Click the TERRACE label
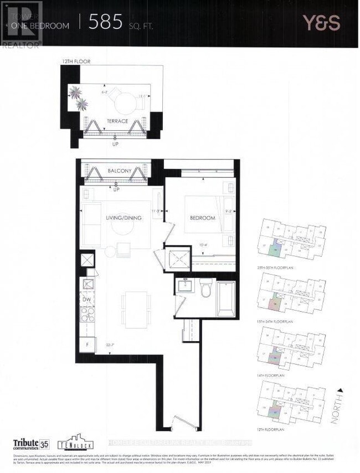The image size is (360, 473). tap(117, 121)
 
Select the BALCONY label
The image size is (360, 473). tap(120, 171)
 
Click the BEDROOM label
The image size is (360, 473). tap(202, 218)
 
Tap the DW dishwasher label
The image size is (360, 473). tap(87, 300)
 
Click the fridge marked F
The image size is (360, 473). tap(87, 346)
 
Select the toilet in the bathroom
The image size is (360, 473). tap(206, 289)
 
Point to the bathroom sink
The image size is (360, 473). tap(184, 286)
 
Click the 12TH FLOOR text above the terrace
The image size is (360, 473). tap(77, 61)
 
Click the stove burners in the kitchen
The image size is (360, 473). tap(87, 315)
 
